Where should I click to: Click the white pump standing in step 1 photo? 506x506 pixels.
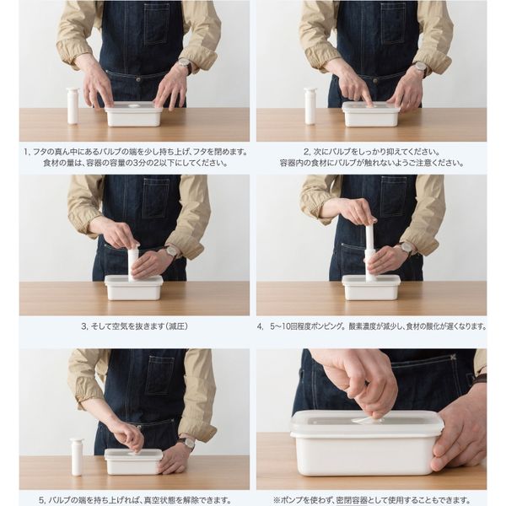[73, 106]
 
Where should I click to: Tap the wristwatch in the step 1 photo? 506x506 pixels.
[186, 65]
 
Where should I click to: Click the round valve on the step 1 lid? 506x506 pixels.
[132, 106]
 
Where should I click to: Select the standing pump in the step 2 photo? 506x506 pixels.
[310, 106]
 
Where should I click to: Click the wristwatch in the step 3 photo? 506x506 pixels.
[171, 251]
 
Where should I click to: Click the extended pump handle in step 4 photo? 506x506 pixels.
[370, 238]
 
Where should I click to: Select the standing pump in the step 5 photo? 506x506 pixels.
[77, 456]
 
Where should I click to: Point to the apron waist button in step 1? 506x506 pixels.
[138, 79]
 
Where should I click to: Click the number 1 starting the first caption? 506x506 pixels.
[26, 152]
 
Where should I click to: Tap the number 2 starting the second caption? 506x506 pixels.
[307, 152]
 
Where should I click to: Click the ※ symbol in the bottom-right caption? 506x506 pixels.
[277, 500]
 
